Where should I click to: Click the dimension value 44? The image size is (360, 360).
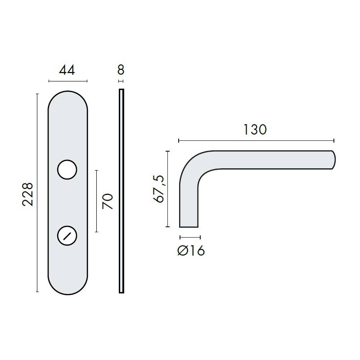coord(67,70)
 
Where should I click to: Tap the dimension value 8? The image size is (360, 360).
coord(120,70)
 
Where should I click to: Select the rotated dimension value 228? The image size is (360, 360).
coord(28,194)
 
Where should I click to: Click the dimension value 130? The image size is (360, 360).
coord(255,130)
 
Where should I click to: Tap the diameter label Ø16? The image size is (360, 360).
coord(191,251)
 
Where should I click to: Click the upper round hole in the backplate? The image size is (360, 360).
coord(67,169)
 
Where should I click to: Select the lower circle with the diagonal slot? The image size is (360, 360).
coord(67,235)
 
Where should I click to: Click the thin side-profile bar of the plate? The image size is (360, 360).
coord(121,191)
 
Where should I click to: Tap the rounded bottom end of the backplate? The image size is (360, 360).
coord(67,285)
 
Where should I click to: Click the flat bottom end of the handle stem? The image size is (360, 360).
coord(189,226)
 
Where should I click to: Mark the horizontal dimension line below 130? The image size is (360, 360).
coord(256,141)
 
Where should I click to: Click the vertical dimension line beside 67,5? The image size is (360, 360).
coord(168,189)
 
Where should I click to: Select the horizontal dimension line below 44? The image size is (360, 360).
coord(67,81)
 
